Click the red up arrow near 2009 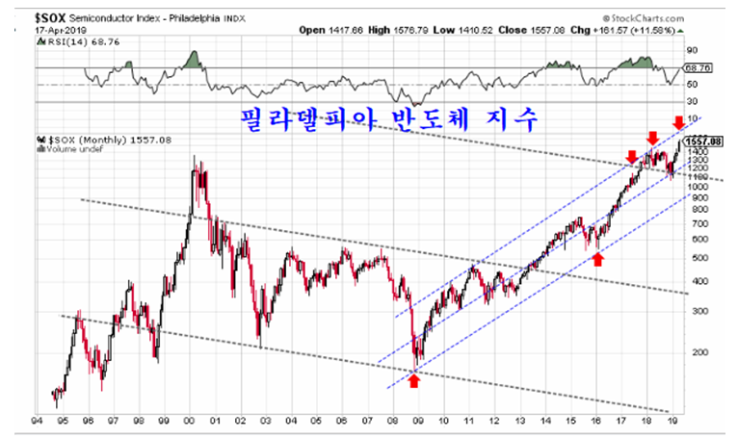point(414,381)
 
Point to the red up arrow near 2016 point(598,259)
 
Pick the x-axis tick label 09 point(418,421)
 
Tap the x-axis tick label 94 point(36,421)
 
